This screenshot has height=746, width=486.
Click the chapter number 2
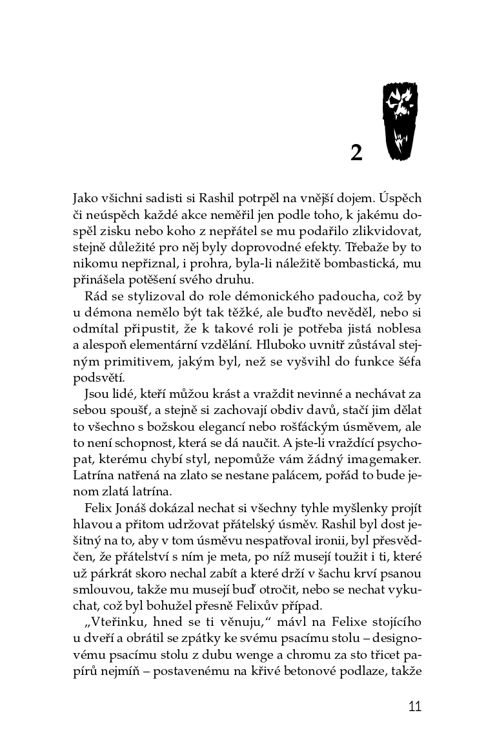356,153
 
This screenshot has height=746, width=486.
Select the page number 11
414,706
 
